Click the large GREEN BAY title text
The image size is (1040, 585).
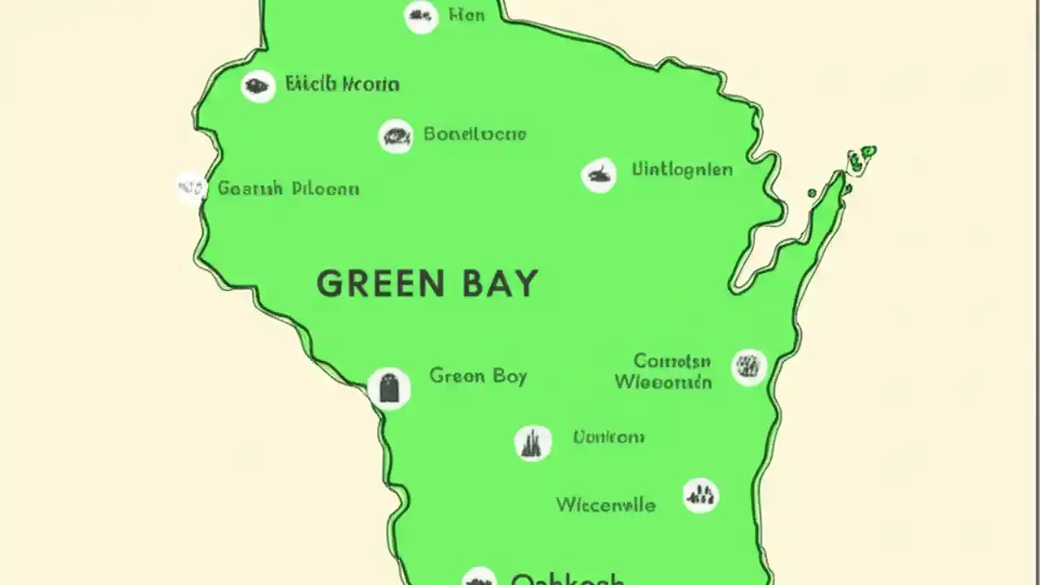coord(427,284)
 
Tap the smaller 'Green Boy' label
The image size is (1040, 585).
coord(478,376)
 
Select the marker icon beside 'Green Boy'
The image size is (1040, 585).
coord(389,388)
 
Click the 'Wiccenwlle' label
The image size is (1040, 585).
coord(605,505)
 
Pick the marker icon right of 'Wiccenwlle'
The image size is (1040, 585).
coord(700,494)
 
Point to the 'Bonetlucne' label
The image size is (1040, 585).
coord(474,134)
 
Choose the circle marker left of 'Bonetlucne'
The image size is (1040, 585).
coord(396,136)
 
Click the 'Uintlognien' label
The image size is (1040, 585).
coord(682,170)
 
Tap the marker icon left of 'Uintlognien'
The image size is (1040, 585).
coord(599,175)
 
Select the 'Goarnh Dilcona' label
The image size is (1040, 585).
coord(288,188)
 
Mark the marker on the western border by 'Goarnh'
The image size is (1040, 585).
coord(191,188)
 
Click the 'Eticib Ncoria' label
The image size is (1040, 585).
coord(342,84)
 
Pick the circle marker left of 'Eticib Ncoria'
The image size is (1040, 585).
coord(258,85)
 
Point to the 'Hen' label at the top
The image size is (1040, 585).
coord(466,15)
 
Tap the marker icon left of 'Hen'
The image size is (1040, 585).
coord(421,15)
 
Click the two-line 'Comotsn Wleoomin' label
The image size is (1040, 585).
coord(663,370)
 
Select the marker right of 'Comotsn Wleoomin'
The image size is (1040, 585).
coord(748,367)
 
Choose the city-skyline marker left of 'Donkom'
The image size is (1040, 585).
coord(533,443)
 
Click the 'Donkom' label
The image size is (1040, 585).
coord(609,437)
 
